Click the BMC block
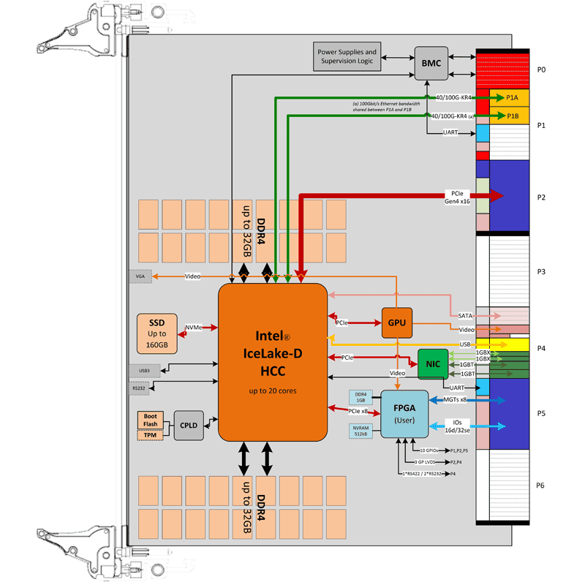[x=431, y=63]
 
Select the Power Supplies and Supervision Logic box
[x=347, y=57]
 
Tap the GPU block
[x=396, y=322]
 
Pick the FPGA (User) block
[x=404, y=414]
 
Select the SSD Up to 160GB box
[x=157, y=333]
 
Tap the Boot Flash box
[x=151, y=420]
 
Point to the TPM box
[x=151, y=435]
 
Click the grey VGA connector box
[x=140, y=276]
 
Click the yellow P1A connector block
[x=512, y=97]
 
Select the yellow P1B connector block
[x=512, y=116]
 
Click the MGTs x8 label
[x=455, y=400]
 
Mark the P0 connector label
[x=541, y=69]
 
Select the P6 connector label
[x=541, y=486]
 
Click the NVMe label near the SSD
[x=193, y=328]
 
